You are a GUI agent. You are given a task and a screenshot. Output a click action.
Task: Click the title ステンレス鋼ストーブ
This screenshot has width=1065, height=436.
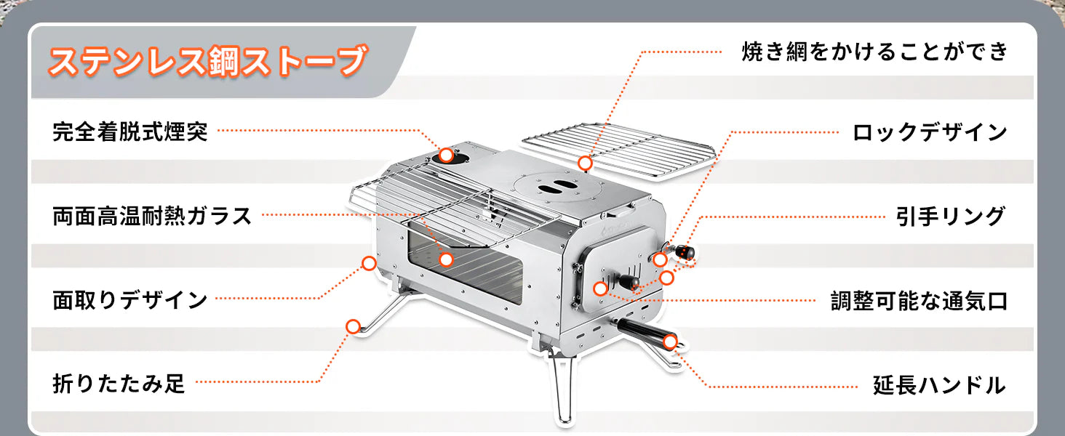coord(206,62)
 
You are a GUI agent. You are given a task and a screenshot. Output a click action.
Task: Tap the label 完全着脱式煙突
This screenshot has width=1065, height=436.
coord(130,132)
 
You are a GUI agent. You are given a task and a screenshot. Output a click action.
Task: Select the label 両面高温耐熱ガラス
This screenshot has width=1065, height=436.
coord(152,216)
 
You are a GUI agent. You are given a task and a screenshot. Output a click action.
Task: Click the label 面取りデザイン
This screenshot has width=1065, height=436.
coord(130,299)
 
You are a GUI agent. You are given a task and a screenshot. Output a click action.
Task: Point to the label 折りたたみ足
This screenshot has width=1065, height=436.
coord(119,382)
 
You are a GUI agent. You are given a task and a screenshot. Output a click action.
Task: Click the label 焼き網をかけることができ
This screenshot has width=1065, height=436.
coord(874,52)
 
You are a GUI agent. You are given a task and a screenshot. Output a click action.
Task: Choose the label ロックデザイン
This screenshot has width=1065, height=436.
coord(930,132)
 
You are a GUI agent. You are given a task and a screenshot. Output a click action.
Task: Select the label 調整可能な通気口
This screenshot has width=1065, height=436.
coord(920,300)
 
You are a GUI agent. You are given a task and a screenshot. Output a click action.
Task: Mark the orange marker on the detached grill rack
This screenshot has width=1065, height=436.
coord(585,163)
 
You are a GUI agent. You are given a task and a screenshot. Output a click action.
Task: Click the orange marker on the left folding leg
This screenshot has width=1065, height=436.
coord(353,326)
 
